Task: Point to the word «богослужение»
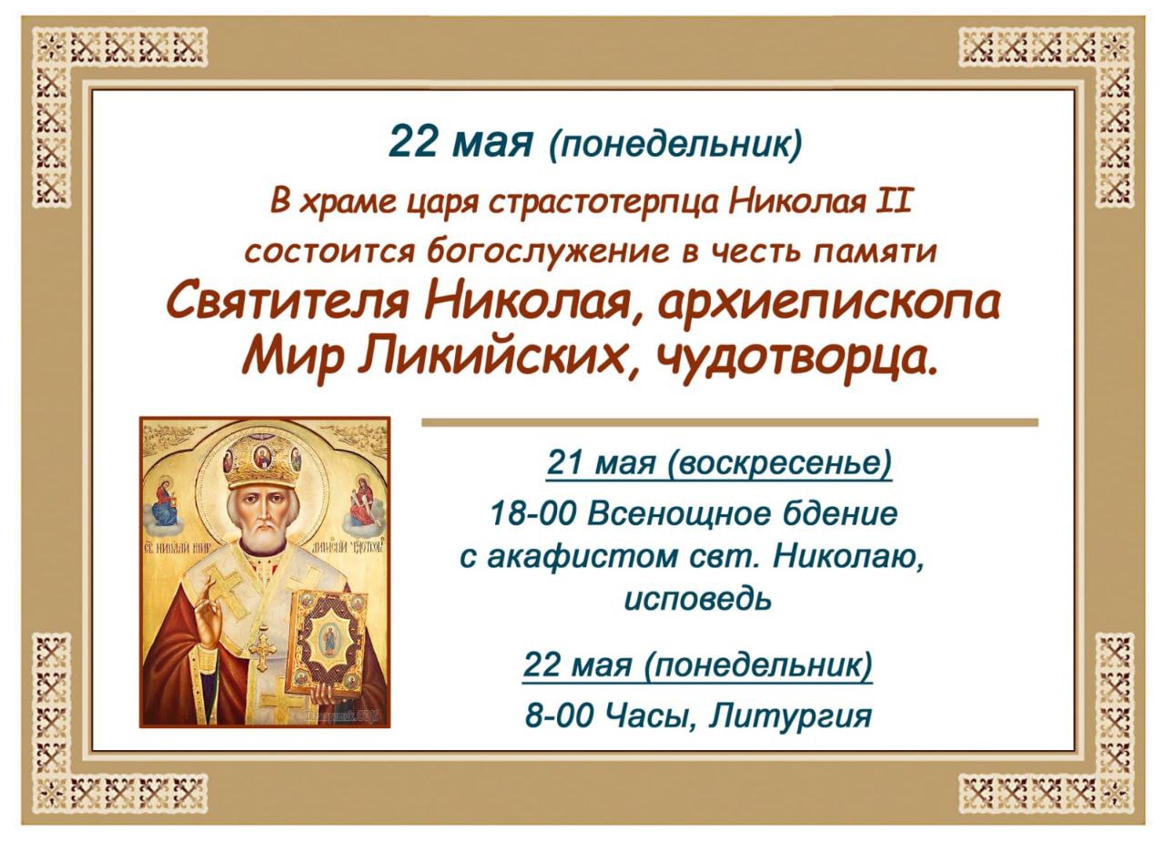coord(549,252)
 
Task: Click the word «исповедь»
coord(697,598)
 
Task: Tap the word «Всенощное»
coord(671,514)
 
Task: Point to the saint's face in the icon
coord(259,516)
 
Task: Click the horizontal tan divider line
coord(730,422)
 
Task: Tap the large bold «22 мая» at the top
coord(461,141)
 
